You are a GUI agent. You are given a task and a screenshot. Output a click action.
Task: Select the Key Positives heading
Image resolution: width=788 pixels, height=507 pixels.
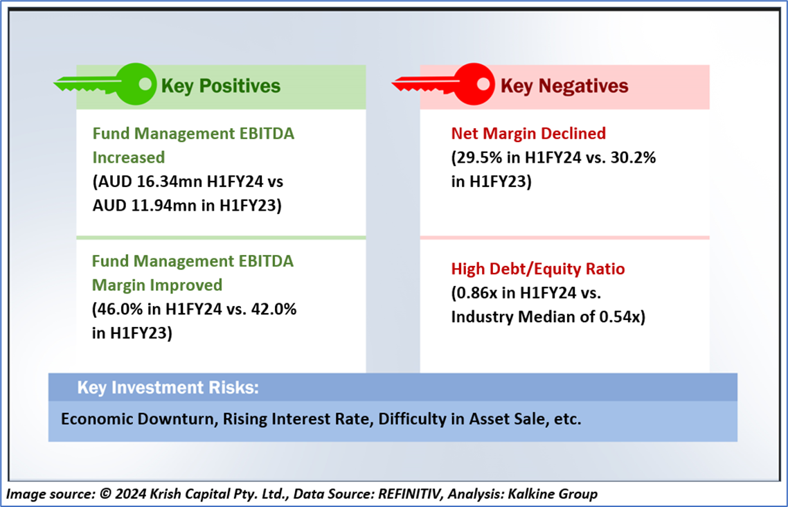(x=220, y=86)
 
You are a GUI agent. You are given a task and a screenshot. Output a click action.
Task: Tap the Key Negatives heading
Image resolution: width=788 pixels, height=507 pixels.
(x=564, y=86)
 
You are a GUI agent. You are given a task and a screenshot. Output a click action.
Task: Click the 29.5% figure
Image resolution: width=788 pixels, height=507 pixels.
(x=478, y=157)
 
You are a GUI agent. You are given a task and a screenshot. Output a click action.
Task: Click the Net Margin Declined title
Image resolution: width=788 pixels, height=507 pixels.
(x=528, y=133)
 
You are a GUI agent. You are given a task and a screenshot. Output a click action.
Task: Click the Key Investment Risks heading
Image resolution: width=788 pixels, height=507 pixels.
(x=168, y=388)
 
